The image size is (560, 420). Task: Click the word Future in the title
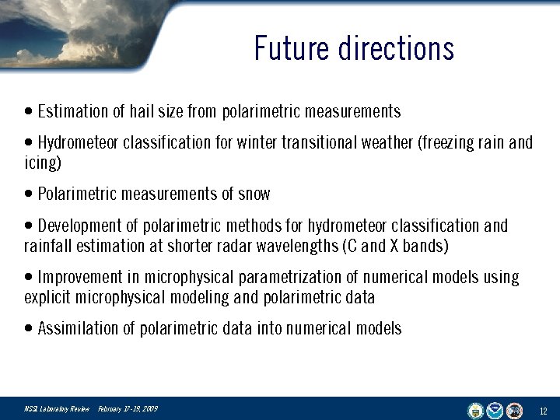(292, 48)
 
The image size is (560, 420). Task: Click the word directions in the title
(396, 48)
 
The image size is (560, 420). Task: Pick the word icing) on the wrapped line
(43, 163)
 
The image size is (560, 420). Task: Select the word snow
(254, 194)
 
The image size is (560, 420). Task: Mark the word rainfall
(47, 247)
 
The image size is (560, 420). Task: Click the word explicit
(47, 298)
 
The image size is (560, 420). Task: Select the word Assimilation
(75, 329)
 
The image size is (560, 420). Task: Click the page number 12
(544, 411)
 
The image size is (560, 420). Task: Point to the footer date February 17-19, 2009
(128, 409)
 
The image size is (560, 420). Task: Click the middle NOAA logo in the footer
(495, 410)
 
